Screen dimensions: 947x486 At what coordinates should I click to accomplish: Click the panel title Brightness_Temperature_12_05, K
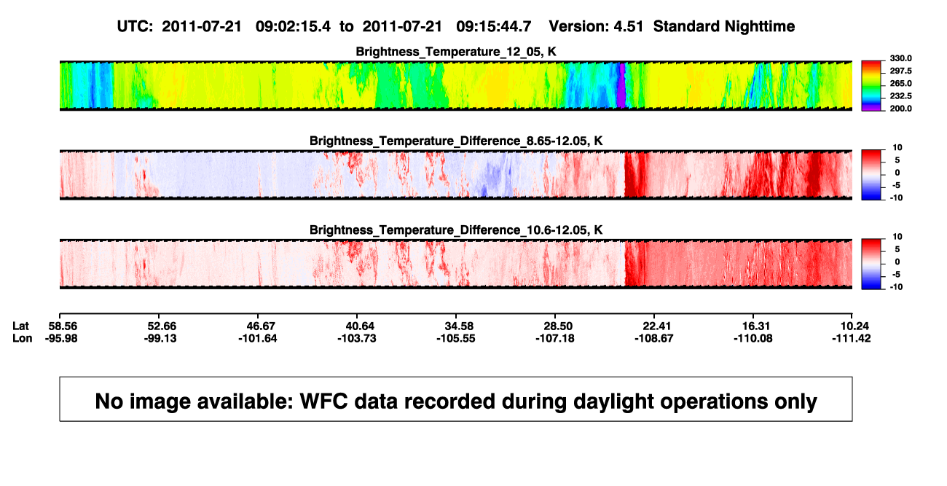(x=456, y=52)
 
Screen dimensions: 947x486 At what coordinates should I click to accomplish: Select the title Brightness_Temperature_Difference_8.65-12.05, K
(x=456, y=141)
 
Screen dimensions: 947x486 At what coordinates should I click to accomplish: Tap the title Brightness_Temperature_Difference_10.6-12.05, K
(x=456, y=230)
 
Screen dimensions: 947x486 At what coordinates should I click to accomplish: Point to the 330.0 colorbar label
(x=900, y=58)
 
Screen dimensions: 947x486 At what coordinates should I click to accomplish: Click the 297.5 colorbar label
(x=900, y=71)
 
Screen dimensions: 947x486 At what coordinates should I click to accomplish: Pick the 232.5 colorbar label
(x=900, y=96)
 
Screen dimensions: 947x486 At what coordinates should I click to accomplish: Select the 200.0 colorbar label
(x=900, y=109)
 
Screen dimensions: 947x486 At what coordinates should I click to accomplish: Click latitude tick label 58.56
(x=63, y=326)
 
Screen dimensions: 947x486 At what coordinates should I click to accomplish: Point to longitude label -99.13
(x=160, y=339)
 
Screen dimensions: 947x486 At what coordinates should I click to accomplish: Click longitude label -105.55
(x=456, y=339)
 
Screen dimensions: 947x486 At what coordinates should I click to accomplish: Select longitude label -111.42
(x=852, y=339)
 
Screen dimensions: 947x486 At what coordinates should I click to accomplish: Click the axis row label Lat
(x=20, y=326)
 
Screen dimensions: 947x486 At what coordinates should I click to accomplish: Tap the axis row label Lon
(x=23, y=339)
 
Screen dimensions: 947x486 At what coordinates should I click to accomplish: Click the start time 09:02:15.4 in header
(x=293, y=27)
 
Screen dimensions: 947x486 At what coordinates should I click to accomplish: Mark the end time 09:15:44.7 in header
(x=494, y=27)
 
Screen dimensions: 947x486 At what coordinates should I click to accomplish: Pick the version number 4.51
(x=629, y=27)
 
